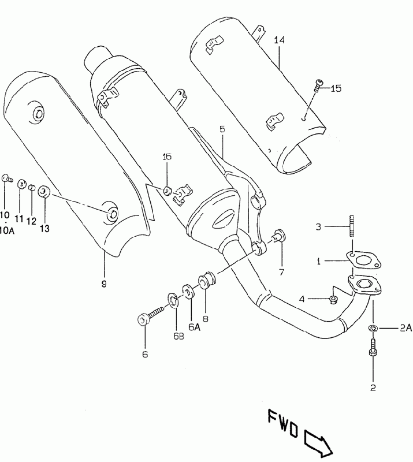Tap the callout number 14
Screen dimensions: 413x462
coord(279,40)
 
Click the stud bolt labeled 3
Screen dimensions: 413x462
coord(352,226)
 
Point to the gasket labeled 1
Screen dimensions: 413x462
coord(363,260)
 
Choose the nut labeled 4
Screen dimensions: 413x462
coord(333,300)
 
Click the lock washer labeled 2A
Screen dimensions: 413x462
coord(373,327)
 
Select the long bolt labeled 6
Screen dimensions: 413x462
coord(150,315)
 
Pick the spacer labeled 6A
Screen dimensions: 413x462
coord(188,291)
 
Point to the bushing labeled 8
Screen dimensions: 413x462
coord(207,281)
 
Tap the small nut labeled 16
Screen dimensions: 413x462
coord(168,191)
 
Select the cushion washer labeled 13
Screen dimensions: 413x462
coord(44,192)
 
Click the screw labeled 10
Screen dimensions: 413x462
coord(7,178)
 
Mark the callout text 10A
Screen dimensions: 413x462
coord(6,230)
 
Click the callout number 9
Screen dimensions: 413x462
coord(104,284)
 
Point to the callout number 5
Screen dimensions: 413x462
coord(222,129)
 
